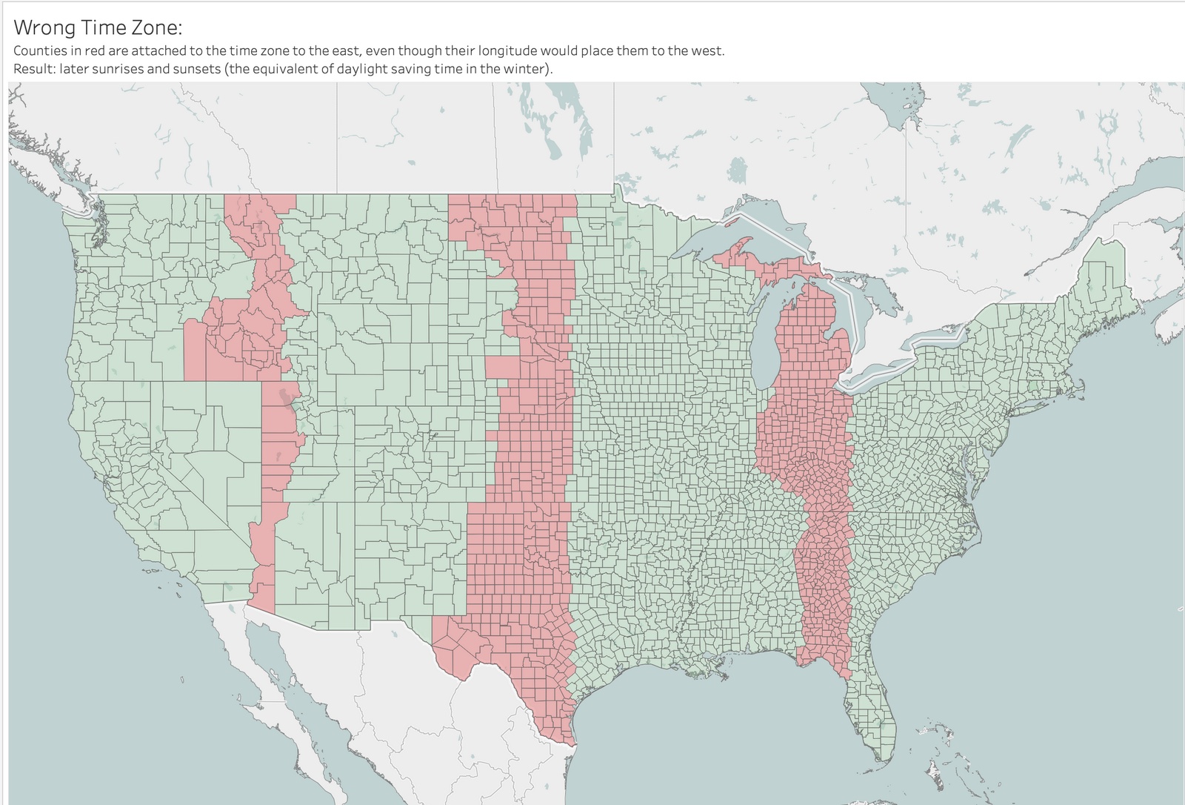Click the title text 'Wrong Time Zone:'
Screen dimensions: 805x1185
pyautogui.click(x=98, y=27)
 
